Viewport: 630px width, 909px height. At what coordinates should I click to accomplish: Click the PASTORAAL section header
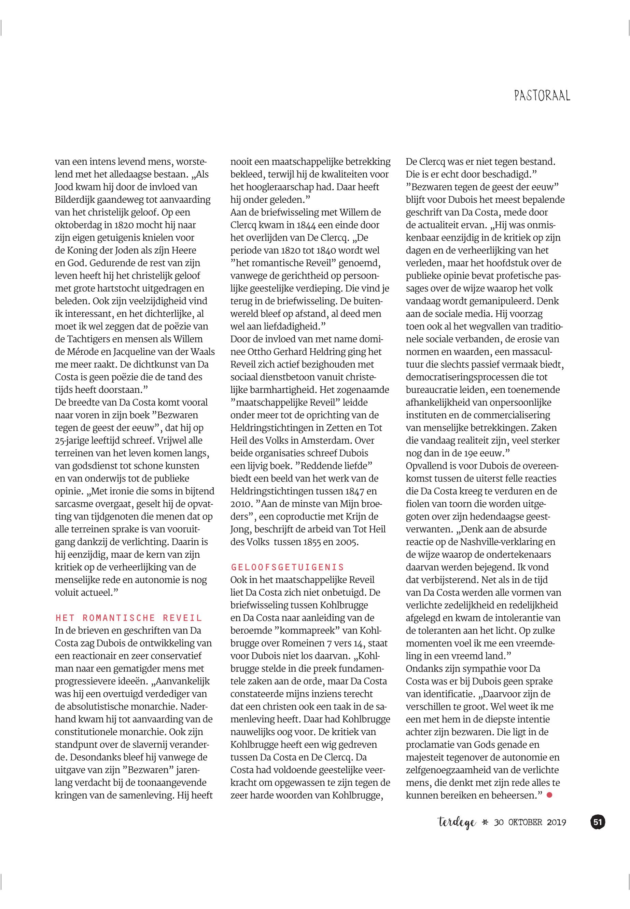tap(542, 96)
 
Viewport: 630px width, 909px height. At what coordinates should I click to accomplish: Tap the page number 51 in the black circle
tap(597, 823)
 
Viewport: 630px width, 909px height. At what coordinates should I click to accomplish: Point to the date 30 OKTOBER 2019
tap(530, 823)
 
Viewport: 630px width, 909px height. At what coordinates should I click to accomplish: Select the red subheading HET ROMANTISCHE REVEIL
tap(129, 618)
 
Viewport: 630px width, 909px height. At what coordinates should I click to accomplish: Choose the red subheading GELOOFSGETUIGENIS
tap(288, 567)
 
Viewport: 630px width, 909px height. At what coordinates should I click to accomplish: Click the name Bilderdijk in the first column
tap(78, 200)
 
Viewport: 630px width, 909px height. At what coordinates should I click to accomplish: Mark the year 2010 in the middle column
tap(240, 504)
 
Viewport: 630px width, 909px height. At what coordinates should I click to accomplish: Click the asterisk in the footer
tap(485, 823)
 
